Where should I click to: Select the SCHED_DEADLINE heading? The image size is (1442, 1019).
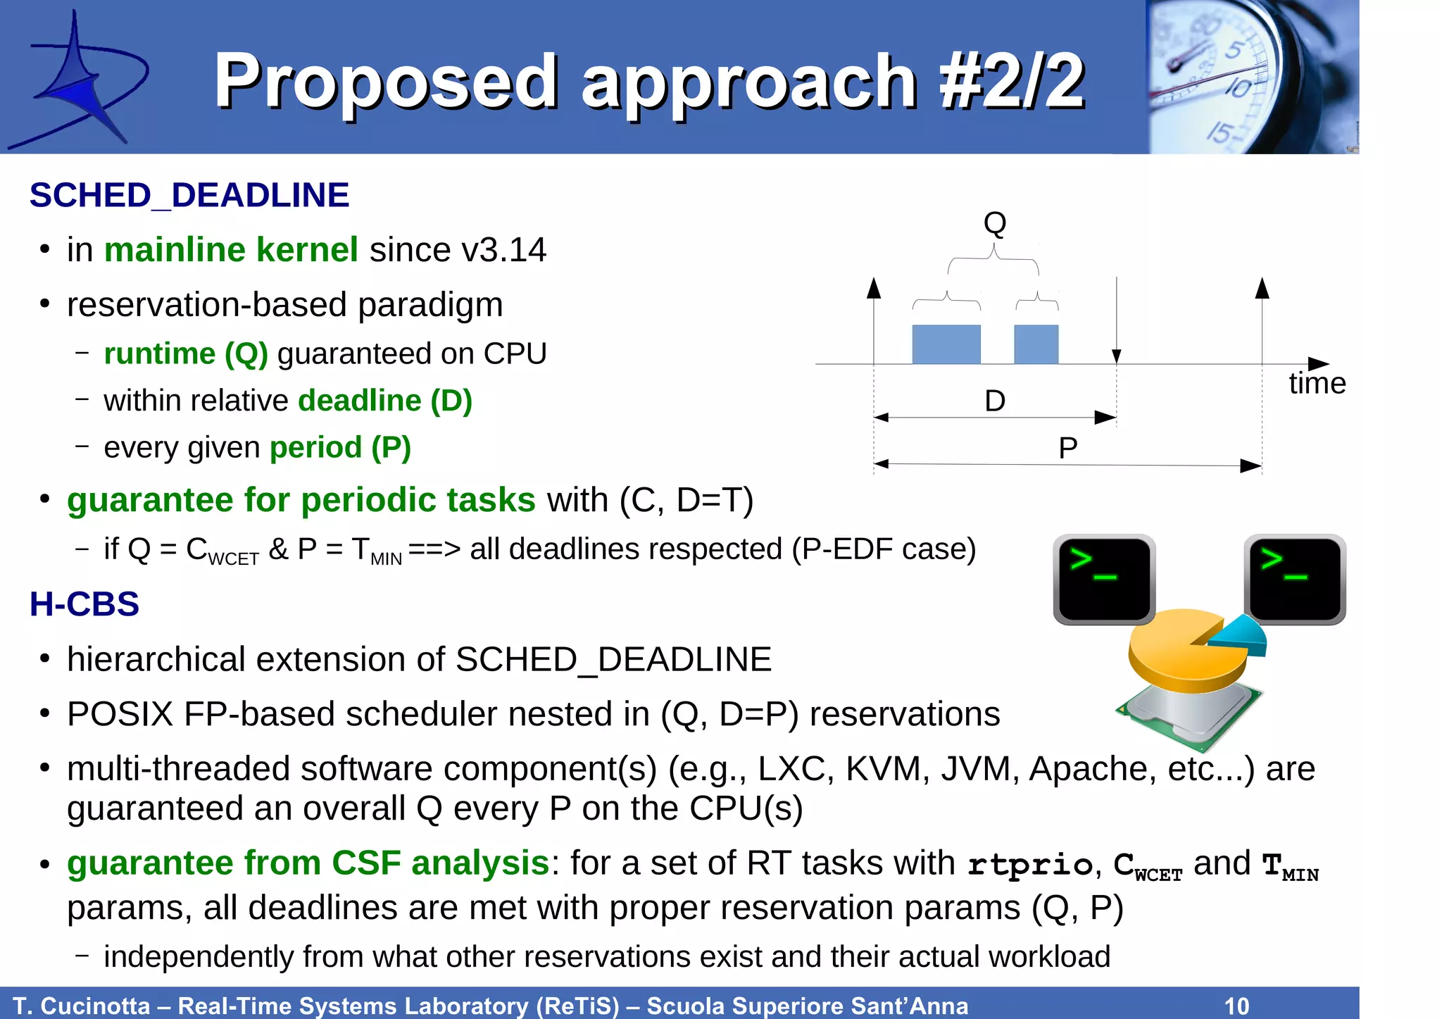pos(189,195)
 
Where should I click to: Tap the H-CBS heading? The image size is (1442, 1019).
pos(84,604)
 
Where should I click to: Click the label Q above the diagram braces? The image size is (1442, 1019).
pos(994,223)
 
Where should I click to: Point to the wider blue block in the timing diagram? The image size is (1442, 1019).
pos(946,344)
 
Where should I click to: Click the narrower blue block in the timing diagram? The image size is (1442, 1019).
pos(1036,344)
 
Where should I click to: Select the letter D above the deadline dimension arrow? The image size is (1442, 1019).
pos(994,401)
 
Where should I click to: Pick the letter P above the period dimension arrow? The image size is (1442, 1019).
pos(1067,448)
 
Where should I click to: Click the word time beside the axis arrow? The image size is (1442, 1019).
pos(1317,384)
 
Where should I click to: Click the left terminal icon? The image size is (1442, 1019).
pos(1103,578)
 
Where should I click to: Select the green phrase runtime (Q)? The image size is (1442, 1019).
pos(186,354)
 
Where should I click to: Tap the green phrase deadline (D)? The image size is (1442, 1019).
pos(385,401)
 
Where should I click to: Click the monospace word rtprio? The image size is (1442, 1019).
pos(1030,864)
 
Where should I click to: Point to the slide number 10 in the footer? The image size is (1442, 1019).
pos(1236,1005)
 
